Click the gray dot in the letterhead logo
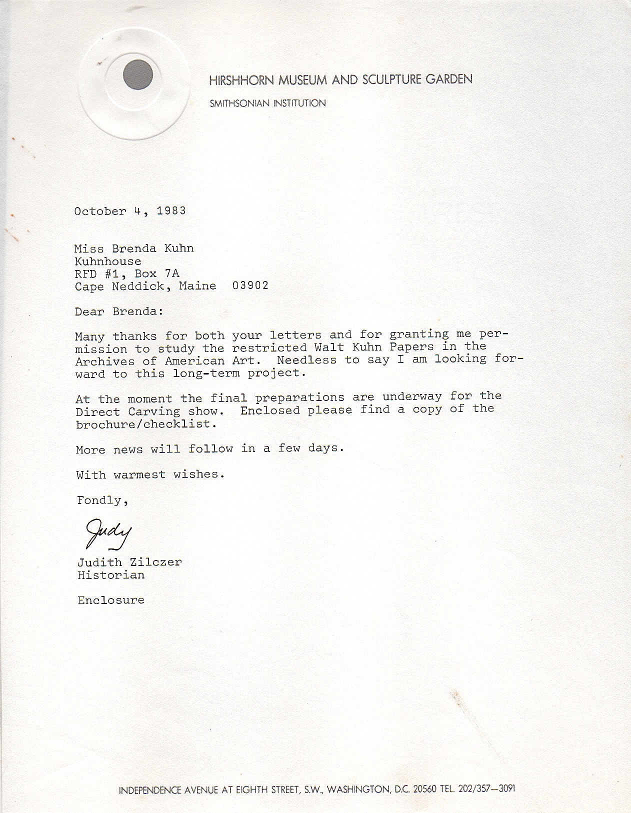coord(137,75)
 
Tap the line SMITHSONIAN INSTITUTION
coord(267,103)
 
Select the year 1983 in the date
coord(171,210)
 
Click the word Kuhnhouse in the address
coord(108,261)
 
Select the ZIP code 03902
coord(250,285)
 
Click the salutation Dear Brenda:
coord(119,311)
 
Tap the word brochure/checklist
coord(146,424)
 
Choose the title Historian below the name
coord(111,575)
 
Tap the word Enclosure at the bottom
coord(111,600)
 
